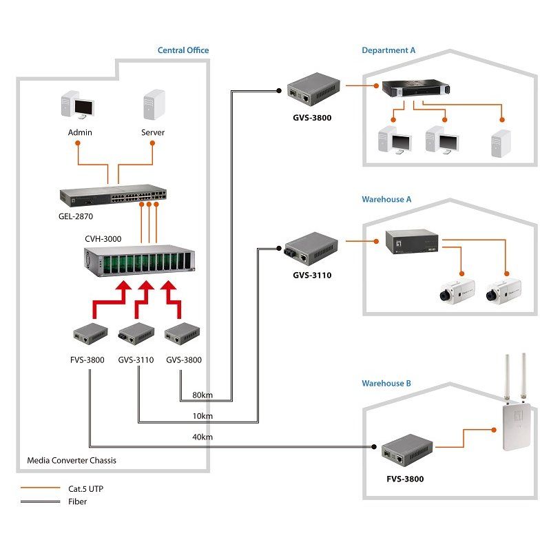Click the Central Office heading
click(x=183, y=50)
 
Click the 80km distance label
click(x=202, y=395)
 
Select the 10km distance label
click(x=202, y=416)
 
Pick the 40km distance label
click(x=202, y=437)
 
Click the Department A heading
click(x=388, y=50)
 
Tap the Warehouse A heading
click(x=386, y=199)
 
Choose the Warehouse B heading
click(x=386, y=383)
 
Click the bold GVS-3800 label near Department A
click(x=311, y=118)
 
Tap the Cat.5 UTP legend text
click(x=86, y=488)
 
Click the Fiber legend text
click(x=77, y=501)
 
